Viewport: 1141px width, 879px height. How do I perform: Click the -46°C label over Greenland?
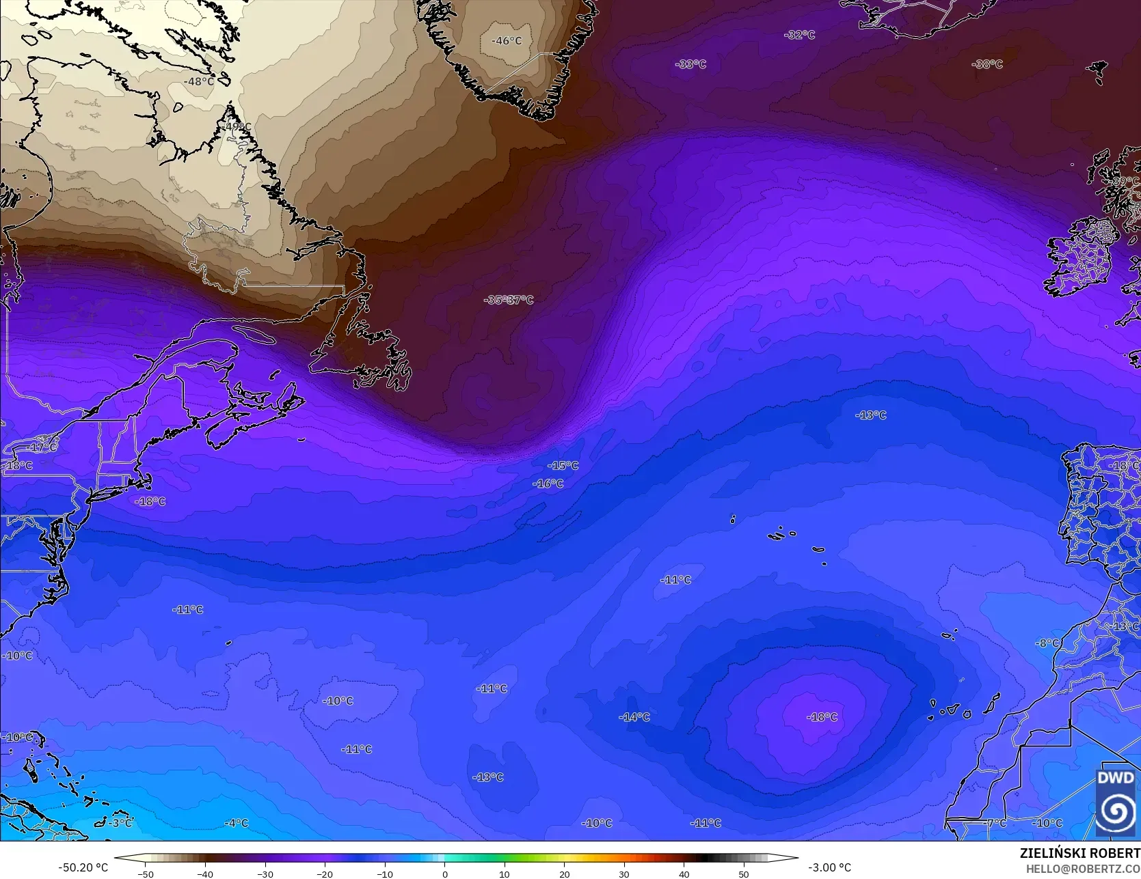(506, 41)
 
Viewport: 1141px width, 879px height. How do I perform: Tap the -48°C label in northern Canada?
(199, 81)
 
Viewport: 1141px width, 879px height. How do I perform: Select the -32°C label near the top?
(799, 35)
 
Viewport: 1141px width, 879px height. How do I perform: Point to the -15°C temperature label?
(563, 466)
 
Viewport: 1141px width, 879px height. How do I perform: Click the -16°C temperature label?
(548, 484)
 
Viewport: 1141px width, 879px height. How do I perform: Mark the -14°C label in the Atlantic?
(634, 717)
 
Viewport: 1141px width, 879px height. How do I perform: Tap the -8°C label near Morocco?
(1047, 643)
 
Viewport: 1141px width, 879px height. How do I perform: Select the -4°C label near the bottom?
(236, 823)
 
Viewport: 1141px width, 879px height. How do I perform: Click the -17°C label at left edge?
(42, 447)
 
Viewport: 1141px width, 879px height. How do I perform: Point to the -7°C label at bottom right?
(994, 824)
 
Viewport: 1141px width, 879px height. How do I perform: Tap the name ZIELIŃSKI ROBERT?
(1079, 854)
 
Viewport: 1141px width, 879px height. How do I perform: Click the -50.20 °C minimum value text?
(83, 867)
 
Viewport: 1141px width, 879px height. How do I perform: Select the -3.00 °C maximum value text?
(829, 867)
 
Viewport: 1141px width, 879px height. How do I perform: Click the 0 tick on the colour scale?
(444, 874)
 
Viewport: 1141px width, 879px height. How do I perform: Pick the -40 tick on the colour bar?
(205, 874)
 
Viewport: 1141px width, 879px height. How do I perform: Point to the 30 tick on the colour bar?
(624, 874)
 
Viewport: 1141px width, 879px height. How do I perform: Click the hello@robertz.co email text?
(1083, 868)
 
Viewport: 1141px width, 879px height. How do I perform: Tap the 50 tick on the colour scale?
(744, 874)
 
